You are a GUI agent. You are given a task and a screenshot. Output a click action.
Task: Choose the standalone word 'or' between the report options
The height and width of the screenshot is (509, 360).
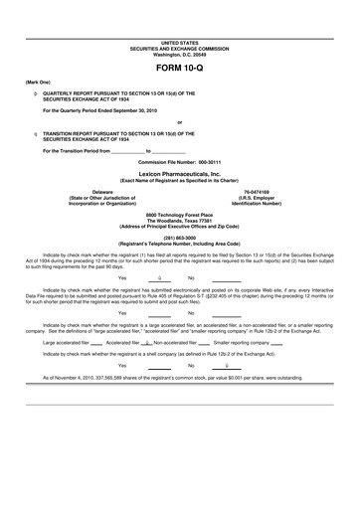point(180,121)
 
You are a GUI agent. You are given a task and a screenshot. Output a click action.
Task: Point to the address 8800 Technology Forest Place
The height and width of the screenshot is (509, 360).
point(180,214)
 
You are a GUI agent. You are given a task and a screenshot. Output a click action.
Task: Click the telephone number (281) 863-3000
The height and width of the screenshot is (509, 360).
point(180,237)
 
